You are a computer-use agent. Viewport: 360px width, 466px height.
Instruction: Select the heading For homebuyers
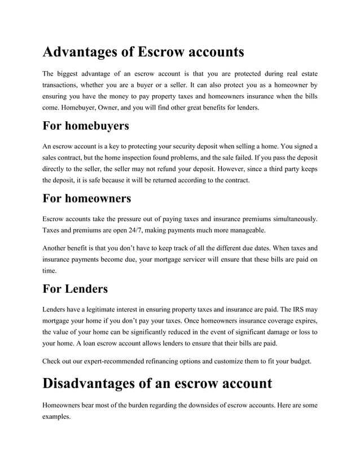click(86, 125)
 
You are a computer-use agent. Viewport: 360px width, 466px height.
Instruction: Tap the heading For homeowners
click(87, 199)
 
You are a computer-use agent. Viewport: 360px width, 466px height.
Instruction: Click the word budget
click(299, 361)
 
